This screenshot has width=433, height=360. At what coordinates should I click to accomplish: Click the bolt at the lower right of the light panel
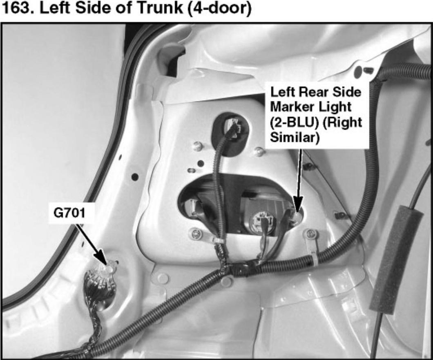(311, 234)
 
